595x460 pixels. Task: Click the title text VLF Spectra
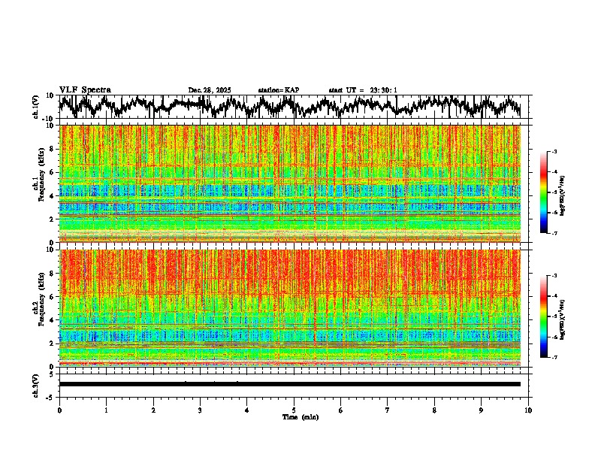point(85,89)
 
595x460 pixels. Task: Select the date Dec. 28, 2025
point(210,90)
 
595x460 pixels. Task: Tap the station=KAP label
point(278,90)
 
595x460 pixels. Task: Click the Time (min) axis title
point(300,417)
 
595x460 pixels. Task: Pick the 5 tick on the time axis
point(294,410)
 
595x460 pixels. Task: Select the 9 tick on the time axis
point(482,410)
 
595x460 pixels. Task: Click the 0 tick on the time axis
point(59,410)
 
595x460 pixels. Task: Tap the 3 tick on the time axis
point(200,410)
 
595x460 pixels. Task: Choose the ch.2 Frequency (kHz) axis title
point(40,308)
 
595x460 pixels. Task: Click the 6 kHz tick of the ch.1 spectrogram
point(52,172)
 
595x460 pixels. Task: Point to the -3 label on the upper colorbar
point(557,152)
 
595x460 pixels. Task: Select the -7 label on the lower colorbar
point(557,358)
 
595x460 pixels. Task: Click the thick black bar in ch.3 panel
point(289,384)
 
